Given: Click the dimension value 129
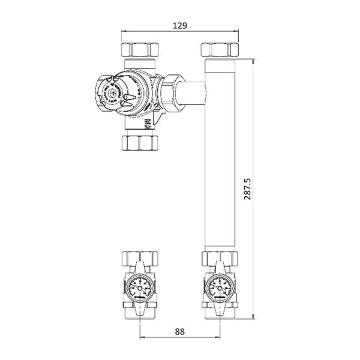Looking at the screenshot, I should coord(180,25).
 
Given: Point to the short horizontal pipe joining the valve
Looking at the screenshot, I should coord(195,93).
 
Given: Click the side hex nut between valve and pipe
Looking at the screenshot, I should coord(171,91).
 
